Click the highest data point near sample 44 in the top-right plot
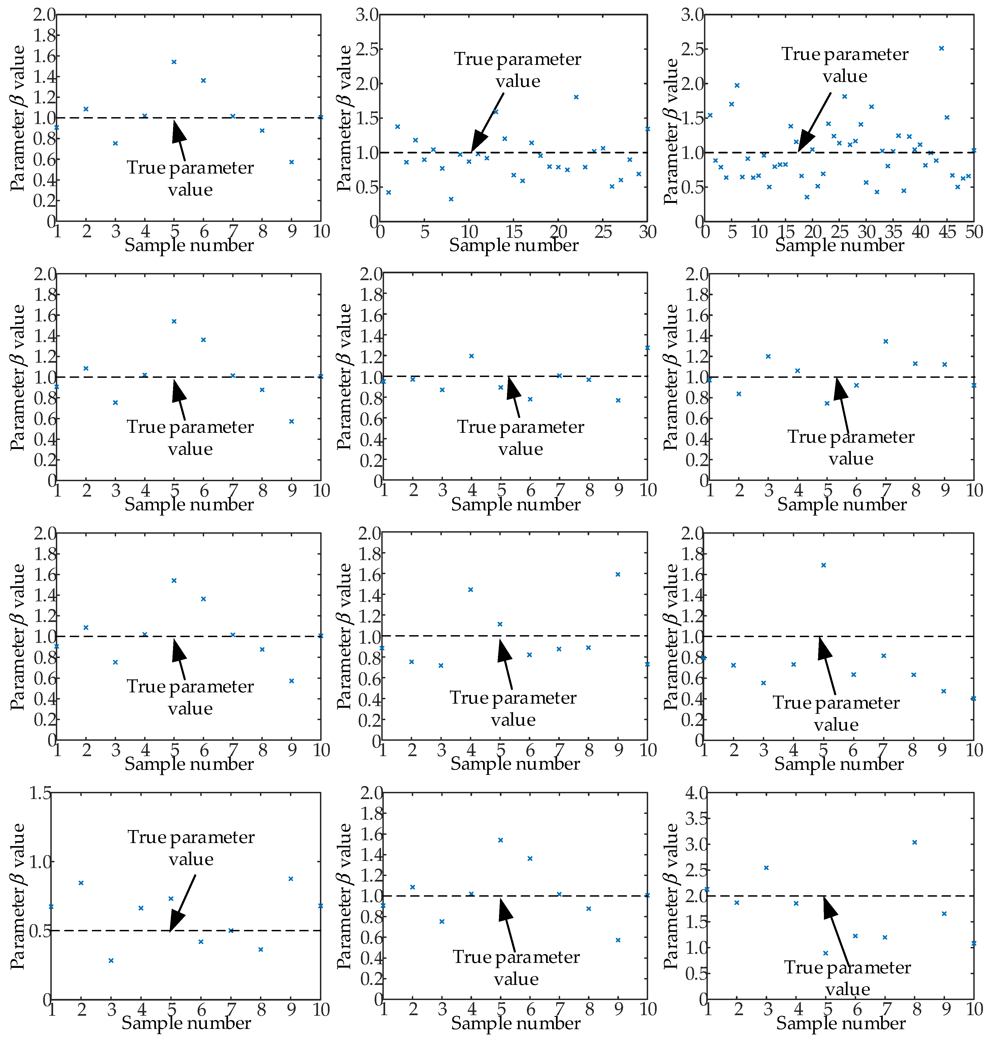coord(941,48)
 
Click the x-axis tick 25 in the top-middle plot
coord(603,232)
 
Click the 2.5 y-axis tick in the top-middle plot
coord(367,49)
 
